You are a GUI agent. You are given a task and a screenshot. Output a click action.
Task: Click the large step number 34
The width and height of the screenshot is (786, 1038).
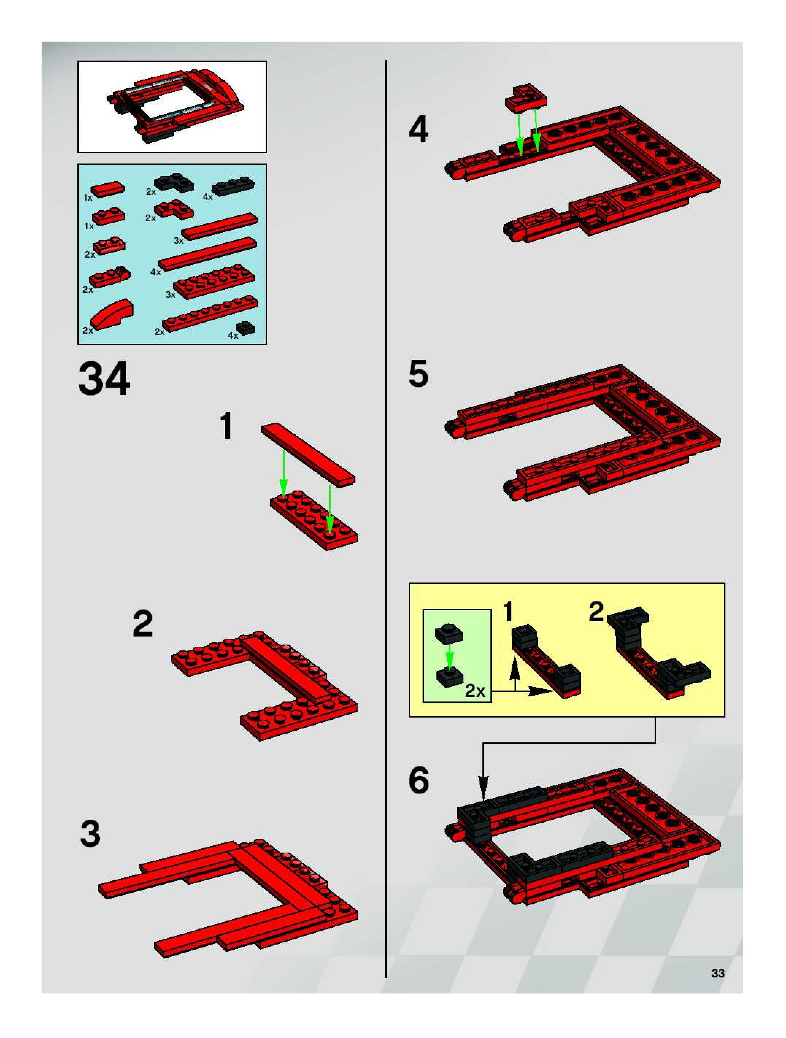(x=104, y=379)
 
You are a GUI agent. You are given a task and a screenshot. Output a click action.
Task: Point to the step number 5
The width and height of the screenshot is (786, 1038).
(x=418, y=374)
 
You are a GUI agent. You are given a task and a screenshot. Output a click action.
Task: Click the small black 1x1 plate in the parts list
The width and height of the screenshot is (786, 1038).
(x=246, y=327)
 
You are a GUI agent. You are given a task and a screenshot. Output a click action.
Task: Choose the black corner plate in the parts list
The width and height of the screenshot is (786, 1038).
(x=174, y=182)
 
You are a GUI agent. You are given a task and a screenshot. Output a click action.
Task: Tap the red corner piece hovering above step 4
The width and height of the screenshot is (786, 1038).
(x=525, y=97)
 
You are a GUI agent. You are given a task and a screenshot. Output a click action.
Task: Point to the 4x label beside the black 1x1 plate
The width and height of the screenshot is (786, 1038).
(x=233, y=335)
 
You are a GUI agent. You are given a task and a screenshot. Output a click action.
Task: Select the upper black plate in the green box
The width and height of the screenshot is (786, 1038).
(x=448, y=634)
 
